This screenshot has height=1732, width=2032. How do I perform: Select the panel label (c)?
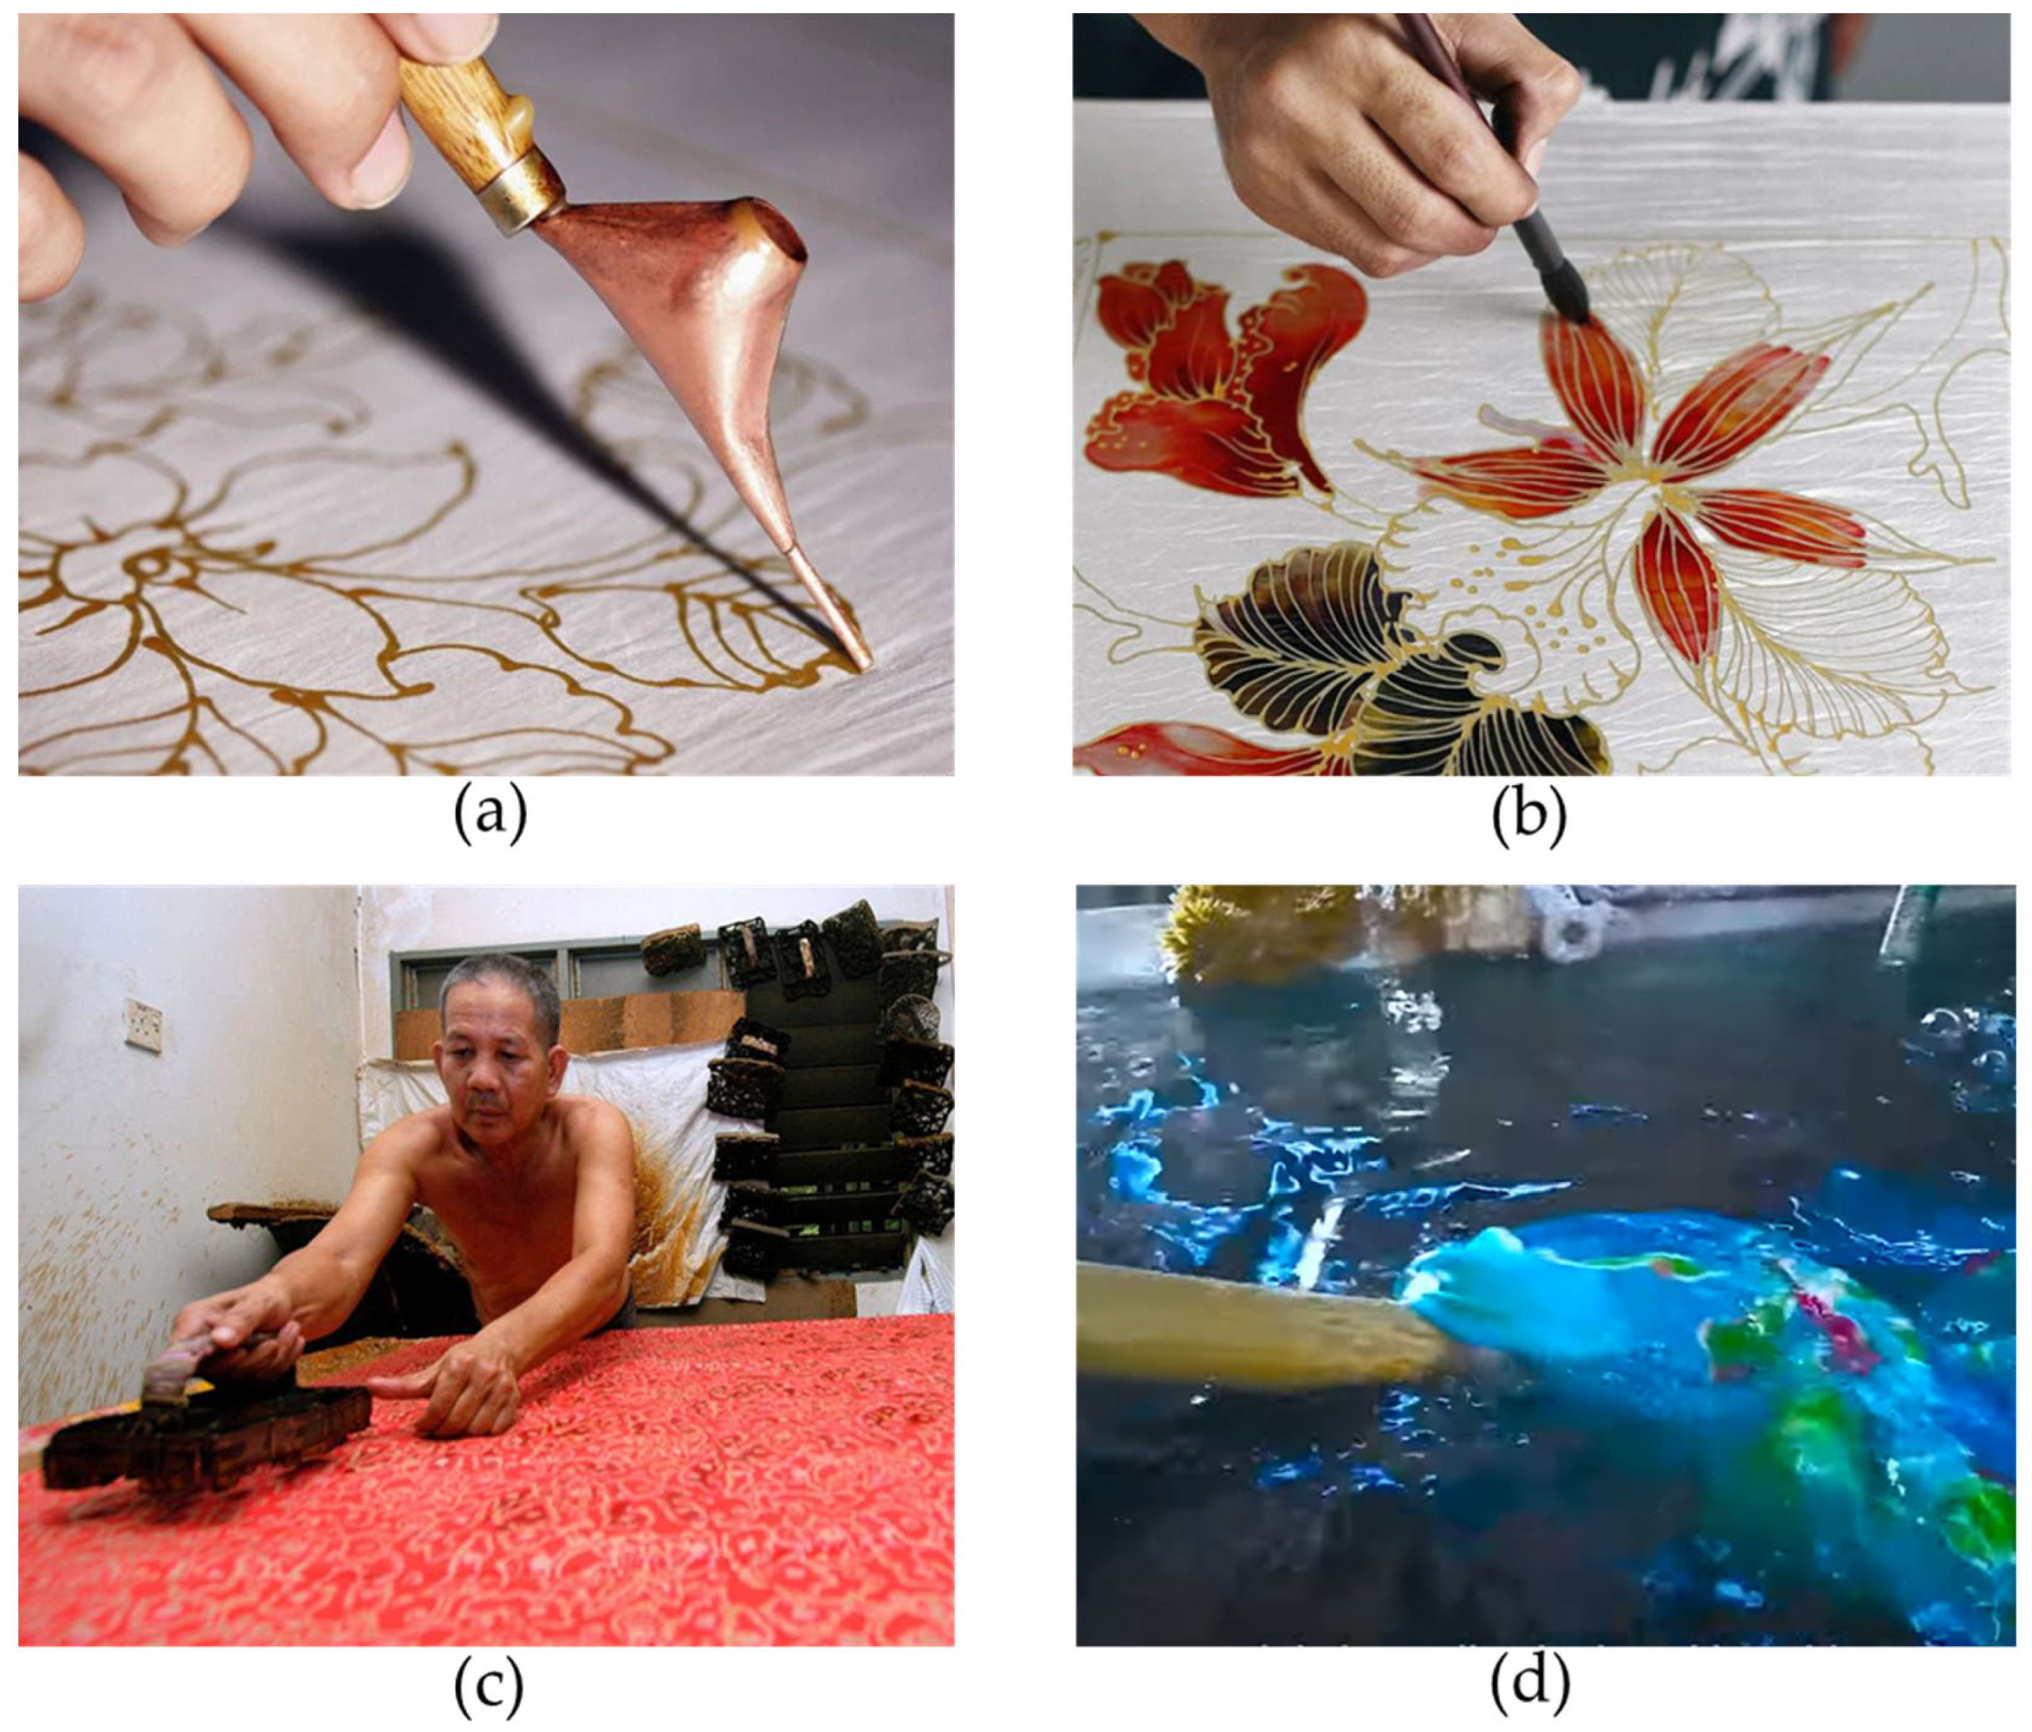(489, 1684)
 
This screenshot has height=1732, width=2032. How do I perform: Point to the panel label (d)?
(1530, 1684)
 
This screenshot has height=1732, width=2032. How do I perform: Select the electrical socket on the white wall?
(143, 1025)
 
